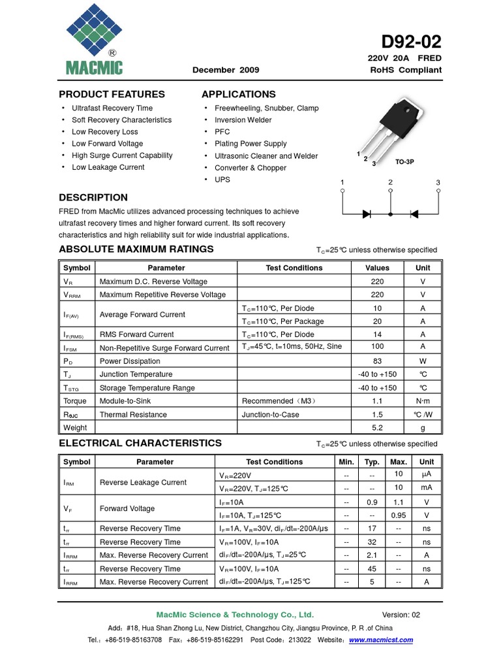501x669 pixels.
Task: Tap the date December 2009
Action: tap(226, 70)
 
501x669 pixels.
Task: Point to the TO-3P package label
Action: tap(405, 161)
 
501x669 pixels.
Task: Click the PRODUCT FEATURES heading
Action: tap(112, 94)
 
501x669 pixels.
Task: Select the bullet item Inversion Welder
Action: tap(243, 120)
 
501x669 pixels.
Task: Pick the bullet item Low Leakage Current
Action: tap(108, 167)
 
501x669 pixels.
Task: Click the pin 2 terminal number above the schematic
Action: tap(390, 182)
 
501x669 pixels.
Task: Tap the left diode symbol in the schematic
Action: tap(367, 214)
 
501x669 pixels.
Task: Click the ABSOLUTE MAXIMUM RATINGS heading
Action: tap(136, 249)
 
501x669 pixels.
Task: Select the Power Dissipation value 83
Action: tap(377, 361)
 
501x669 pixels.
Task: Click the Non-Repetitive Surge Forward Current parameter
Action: tap(164, 348)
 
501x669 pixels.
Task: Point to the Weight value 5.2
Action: tap(377, 428)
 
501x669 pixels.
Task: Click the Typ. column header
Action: tap(372, 462)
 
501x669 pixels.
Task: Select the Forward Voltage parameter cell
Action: tap(127, 508)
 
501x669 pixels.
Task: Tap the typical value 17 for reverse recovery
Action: tap(372, 529)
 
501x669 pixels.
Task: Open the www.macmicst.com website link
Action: tap(381, 640)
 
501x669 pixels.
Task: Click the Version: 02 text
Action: tap(401, 615)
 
